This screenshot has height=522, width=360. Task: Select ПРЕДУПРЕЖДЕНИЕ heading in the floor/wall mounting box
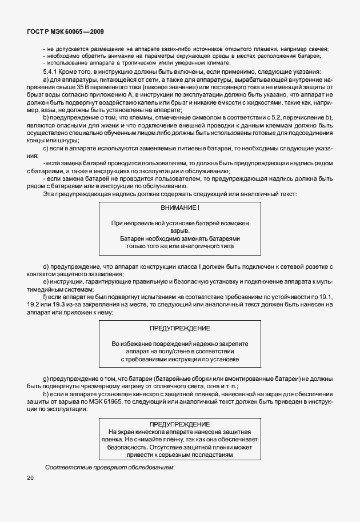pos(180,328)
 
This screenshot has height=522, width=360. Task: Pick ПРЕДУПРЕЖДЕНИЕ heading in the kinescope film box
pos(180,425)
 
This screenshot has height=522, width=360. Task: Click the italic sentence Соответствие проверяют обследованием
pos(110,468)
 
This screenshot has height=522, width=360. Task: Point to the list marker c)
pos(46,149)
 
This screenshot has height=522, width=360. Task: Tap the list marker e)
pos(46,282)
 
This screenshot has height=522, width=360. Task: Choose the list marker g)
pos(46,380)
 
